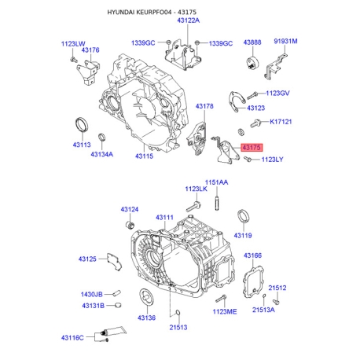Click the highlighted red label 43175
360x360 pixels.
click(x=252, y=148)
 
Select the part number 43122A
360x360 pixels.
click(x=189, y=20)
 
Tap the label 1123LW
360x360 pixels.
click(x=73, y=44)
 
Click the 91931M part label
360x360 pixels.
click(x=285, y=41)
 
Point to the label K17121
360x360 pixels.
click(x=281, y=122)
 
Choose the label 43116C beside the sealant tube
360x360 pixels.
click(x=72, y=338)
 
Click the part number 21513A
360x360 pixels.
click(x=263, y=310)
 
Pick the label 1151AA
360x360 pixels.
click(x=216, y=182)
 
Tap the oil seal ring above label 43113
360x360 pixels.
click(x=82, y=126)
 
